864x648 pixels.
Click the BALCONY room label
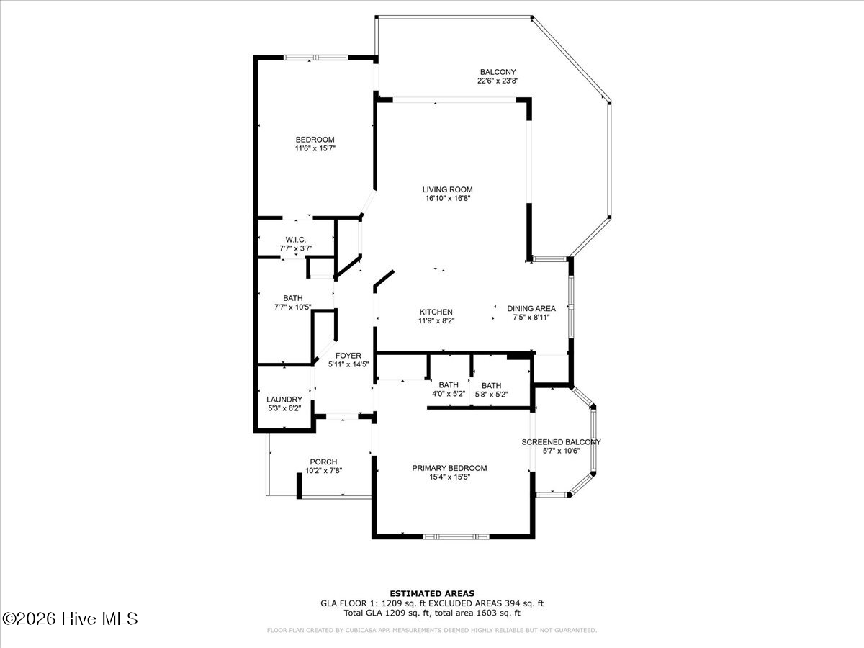498,72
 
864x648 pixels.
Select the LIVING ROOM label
448,189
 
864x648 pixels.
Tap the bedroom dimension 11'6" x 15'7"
315,148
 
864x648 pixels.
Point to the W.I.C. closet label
296,240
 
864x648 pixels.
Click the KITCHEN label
436,312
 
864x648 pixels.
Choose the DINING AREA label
531,308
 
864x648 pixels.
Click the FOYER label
348,356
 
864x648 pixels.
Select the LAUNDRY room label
284,400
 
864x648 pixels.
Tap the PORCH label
323,462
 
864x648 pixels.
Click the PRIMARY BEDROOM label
449,468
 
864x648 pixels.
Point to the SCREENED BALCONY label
561,442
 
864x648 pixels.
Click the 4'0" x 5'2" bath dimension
449,394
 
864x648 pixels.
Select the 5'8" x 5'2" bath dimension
491,395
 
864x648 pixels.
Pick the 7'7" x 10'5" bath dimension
293,307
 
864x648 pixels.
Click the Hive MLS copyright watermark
70,618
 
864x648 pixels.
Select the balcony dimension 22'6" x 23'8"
498,81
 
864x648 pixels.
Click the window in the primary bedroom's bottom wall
456,536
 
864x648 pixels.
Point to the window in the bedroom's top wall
315,58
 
